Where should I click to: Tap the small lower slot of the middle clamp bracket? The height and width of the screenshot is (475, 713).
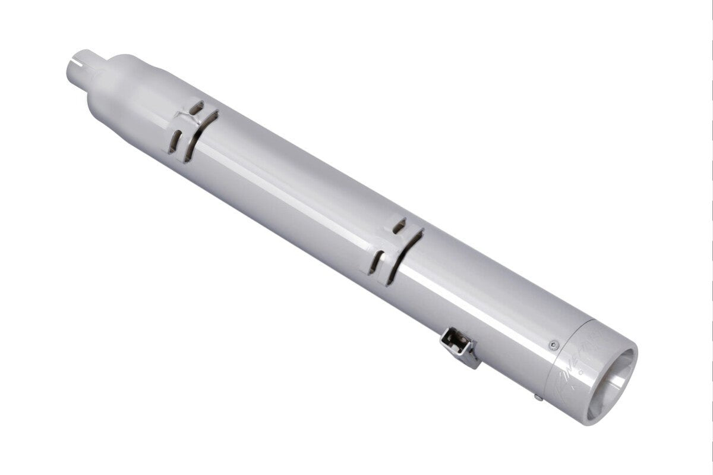tap(376, 262)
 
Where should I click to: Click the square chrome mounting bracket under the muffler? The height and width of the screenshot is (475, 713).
tap(460, 348)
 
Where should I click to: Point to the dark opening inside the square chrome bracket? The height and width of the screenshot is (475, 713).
tap(453, 341)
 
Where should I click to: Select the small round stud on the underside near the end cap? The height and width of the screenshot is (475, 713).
tap(537, 397)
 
